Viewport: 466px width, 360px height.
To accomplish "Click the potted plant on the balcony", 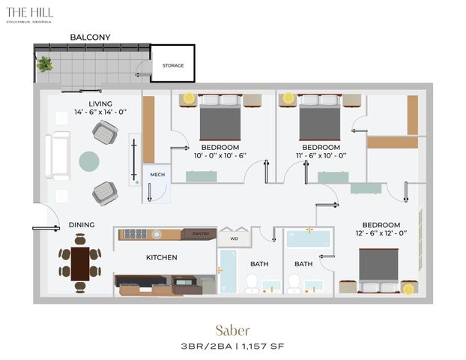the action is [45, 64].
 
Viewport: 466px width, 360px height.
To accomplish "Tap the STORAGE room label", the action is [173, 65].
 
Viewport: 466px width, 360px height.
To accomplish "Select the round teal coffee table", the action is [89, 161].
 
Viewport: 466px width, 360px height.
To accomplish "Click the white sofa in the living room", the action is [58, 155].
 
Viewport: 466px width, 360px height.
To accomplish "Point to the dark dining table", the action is [80, 264].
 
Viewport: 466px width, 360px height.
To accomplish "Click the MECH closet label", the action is [157, 175].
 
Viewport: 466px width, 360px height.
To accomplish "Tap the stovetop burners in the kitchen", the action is [136, 234].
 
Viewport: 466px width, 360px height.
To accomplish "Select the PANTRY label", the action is [201, 233].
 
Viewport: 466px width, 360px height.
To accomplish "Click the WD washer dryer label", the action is [234, 238].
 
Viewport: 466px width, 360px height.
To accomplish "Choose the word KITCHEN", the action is [162, 257].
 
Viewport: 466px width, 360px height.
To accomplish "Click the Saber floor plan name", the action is [232, 331].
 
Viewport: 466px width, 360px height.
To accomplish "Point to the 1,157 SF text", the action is [263, 346].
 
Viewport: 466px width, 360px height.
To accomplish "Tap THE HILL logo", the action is [29, 14].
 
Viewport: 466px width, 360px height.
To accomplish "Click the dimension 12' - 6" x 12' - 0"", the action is [381, 233].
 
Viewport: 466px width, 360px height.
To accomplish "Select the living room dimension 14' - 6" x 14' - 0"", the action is [100, 112].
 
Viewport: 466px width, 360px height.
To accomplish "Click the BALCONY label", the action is [90, 37].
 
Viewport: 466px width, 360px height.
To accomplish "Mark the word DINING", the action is [82, 225].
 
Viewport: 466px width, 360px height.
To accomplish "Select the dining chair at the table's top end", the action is [80, 240].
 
